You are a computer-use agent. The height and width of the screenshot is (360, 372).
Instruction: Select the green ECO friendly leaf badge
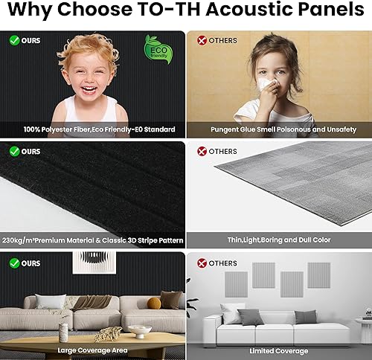tap(158, 49)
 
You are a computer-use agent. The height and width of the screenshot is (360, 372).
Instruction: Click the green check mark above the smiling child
tap(13, 39)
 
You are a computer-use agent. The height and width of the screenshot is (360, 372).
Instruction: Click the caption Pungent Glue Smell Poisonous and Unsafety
tap(279, 129)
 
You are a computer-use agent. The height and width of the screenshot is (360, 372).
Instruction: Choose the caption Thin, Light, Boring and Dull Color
tap(279, 240)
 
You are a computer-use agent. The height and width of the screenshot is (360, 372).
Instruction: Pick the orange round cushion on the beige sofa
tap(154, 303)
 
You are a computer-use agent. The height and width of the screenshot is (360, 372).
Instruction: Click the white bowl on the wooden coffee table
tap(139, 331)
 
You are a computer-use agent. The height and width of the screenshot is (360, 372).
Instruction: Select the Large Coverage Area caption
tap(93, 350)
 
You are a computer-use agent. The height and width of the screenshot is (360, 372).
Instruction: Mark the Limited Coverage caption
tap(279, 350)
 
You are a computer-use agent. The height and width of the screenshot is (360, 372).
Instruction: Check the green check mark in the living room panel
tap(13, 263)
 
